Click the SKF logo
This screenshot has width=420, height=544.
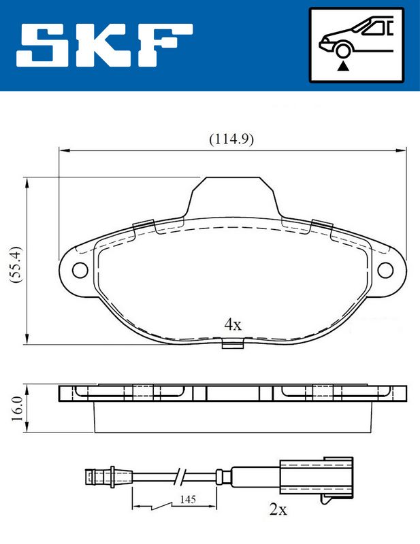106,46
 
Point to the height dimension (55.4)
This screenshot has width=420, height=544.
17,264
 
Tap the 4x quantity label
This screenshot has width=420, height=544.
233,324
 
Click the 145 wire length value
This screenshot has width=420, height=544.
188,500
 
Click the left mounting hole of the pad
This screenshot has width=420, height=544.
80,271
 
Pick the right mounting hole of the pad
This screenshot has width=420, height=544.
386,271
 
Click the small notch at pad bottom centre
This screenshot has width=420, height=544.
233,344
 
